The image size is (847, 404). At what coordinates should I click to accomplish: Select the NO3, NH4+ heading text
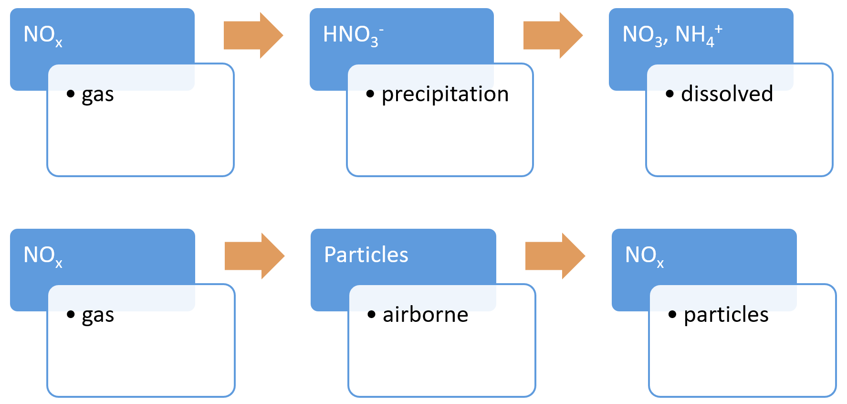pos(672,35)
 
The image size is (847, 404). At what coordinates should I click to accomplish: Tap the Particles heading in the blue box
pos(366,255)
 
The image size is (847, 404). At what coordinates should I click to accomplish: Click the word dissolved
pos(727,94)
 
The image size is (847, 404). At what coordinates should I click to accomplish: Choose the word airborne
pos(425,315)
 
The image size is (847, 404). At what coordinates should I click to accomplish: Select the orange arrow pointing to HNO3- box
pos(253,35)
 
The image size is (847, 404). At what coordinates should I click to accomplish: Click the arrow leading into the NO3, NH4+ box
pos(553,35)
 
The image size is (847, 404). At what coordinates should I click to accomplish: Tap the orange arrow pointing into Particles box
pos(254,256)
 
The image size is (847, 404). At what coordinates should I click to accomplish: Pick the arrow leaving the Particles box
pos(554,256)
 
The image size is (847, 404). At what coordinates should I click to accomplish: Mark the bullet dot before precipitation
pos(370,94)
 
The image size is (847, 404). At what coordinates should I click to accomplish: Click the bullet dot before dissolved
pos(670,94)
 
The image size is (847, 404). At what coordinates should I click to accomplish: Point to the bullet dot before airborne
pos(372,314)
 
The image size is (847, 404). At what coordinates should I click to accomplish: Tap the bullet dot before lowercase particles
pos(672,314)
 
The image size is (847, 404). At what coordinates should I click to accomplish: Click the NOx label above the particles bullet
pos(644,256)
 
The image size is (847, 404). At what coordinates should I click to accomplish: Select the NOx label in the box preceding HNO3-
pos(43,35)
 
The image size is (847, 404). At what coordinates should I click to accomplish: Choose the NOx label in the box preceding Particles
pos(43,256)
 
